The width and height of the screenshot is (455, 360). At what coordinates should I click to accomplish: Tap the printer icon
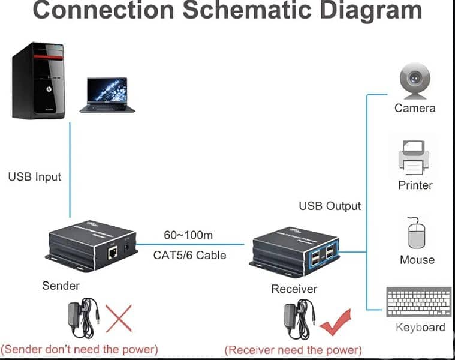pos(414,156)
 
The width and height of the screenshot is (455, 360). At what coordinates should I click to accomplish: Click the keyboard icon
pos(419,302)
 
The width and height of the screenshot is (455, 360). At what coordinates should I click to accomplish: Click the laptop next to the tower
pos(107,95)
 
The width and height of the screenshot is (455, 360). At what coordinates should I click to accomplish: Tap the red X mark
pos(119,317)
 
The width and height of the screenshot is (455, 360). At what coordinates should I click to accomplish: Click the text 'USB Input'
pos(35,177)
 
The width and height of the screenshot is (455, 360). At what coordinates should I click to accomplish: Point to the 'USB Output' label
pos(330,206)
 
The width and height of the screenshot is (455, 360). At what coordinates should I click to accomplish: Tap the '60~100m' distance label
pos(189,235)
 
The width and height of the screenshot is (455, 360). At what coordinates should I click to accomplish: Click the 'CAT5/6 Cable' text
pos(189,255)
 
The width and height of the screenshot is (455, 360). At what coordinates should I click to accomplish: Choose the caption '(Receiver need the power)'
pos(293,349)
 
